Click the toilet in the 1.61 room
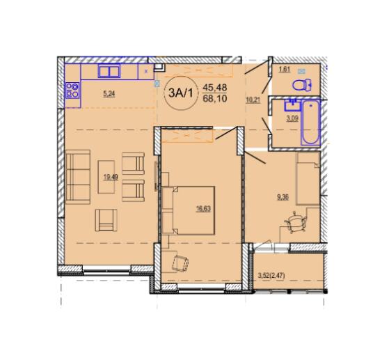302,85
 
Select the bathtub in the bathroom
310,123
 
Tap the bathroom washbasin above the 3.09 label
292,105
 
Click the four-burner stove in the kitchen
72,91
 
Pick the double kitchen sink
109,71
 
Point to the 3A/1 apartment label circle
180,93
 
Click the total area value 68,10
214,98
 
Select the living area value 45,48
214,87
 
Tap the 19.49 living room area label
111,177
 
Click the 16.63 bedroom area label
203,209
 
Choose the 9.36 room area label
283,197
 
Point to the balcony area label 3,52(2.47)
271,276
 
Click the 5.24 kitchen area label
109,94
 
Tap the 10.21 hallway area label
253,100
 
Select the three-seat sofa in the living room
78,177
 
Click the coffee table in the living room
106,177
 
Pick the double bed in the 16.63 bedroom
189,210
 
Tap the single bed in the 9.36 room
308,179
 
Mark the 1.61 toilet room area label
285,70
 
